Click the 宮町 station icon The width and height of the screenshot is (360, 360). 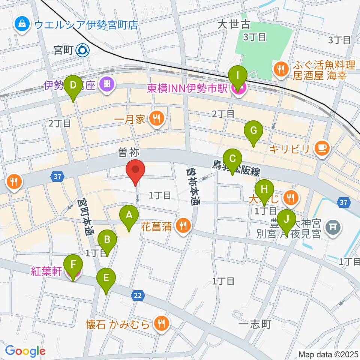click(x=82, y=49)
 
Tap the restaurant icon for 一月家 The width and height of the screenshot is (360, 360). click(x=156, y=119)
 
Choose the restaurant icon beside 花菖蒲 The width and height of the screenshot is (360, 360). click(x=183, y=226)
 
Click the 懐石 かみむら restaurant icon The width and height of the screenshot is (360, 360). click(x=162, y=324)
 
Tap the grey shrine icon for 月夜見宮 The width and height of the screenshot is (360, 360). click(x=332, y=226)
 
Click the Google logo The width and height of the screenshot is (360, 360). click(x=25, y=351)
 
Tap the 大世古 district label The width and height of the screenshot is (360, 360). click(x=234, y=25)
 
